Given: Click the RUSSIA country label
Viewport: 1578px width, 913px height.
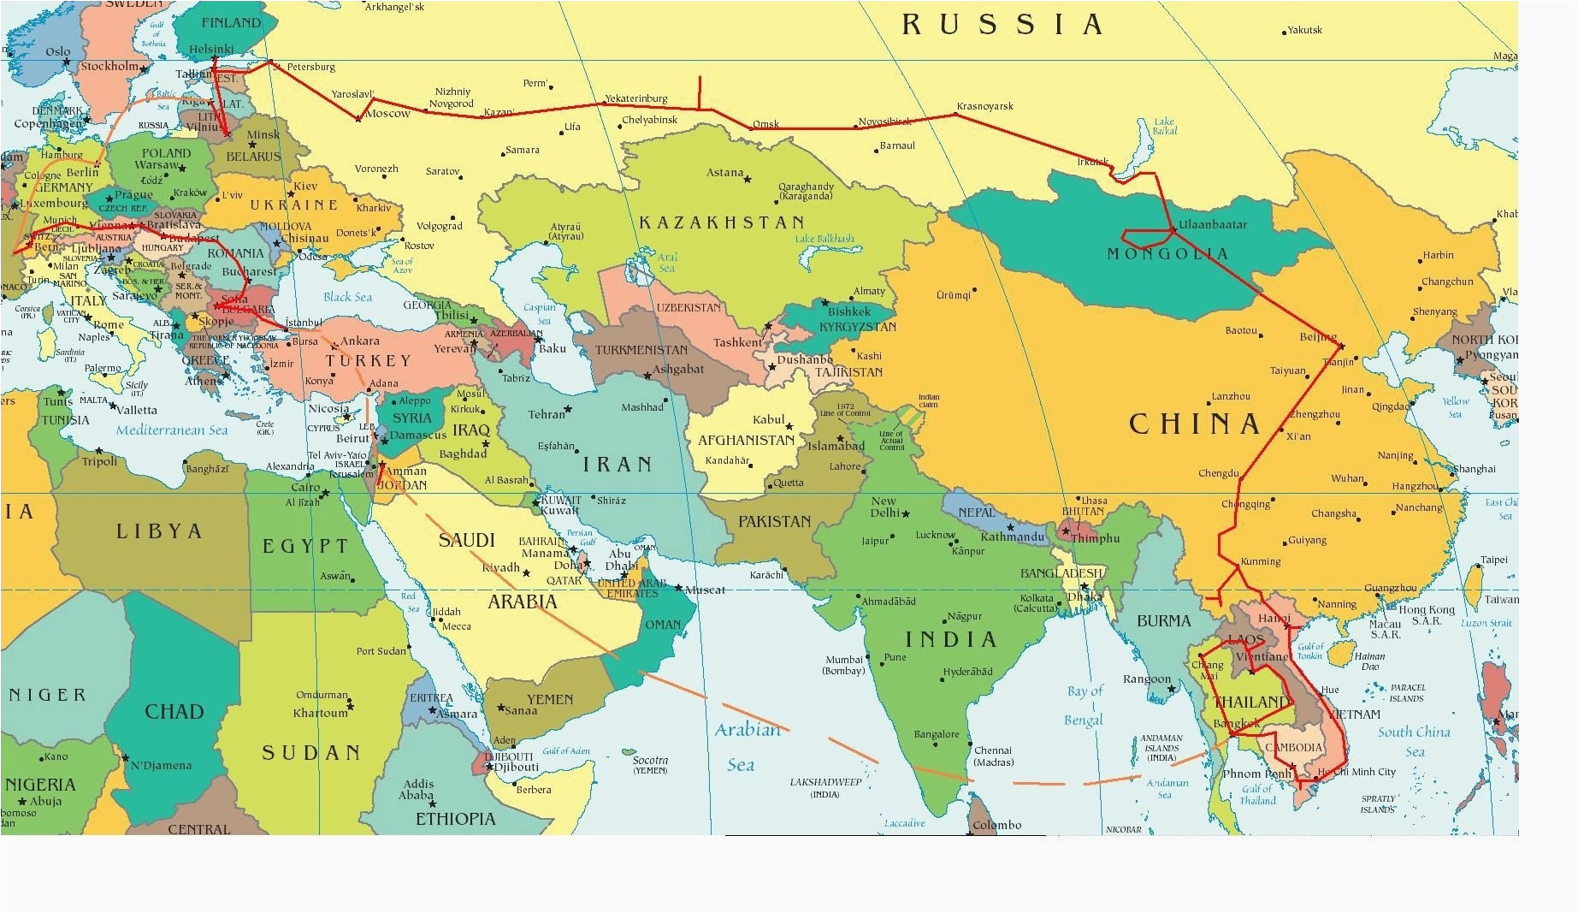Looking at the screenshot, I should click(x=1002, y=25).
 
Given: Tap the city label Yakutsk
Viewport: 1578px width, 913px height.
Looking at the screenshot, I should click(x=1305, y=30).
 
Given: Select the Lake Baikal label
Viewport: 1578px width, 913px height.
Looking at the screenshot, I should click(x=1164, y=126).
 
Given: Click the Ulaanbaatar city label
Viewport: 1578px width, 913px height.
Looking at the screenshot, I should click(x=1213, y=225).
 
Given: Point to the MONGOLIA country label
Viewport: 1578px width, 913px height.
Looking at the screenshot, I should click(x=1167, y=253).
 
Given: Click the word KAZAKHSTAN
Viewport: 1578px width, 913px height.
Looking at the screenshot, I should click(x=722, y=222).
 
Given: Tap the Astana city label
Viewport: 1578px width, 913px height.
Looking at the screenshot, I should click(x=724, y=173).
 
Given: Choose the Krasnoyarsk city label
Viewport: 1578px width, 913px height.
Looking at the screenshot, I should click(x=984, y=106).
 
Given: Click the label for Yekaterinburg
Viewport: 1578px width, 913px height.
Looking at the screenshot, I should click(x=635, y=98).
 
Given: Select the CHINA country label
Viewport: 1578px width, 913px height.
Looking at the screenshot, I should click(x=1195, y=424).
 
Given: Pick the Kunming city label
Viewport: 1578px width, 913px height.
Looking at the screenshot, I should click(x=1260, y=561).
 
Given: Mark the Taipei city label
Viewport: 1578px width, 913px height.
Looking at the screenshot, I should click(x=1494, y=560).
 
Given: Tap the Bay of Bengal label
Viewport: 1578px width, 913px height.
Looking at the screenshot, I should click(x=1085, y=705).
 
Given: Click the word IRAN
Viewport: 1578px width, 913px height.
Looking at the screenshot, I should click(x=618, y=465).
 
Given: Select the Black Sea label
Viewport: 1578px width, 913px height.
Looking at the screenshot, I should click(x=347, y=297).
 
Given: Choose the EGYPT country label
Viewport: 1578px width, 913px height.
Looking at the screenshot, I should click(x=305, y=546).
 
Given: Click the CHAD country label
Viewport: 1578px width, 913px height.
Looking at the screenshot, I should click(x=174, y=711).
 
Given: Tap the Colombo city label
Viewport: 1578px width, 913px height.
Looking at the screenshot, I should click(x=996, y=825).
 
